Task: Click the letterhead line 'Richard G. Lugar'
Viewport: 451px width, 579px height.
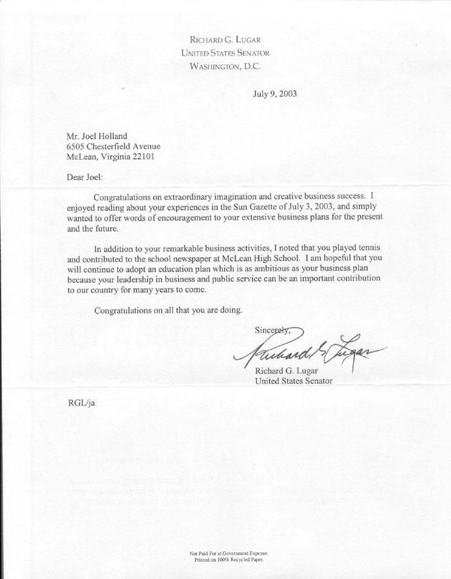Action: (x=225, y=39)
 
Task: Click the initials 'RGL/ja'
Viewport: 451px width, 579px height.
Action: (x=81, y=404)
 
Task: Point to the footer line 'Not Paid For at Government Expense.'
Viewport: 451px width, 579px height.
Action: (x=225, y=554)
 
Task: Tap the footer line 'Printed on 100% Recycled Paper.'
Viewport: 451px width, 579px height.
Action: (x=225, y=560)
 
